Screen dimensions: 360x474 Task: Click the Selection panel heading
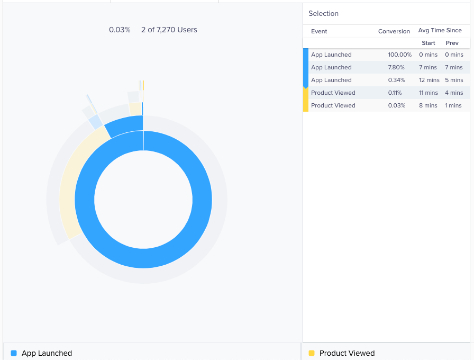[x=323, y=14]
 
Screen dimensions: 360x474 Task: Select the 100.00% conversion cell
[x=399, y=55]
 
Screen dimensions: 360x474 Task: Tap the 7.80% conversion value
[x=396, y=67]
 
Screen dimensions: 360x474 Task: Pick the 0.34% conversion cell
[x=396, y=80]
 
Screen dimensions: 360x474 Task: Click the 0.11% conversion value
[x=395, y=93]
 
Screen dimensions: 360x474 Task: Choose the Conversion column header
[x=394, y=31]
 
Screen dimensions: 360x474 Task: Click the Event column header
[x=319, y=31]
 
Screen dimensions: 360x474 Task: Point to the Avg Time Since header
[x=440, y=31]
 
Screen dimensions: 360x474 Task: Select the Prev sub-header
[x=452, y=43]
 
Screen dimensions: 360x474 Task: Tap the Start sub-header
[x=428, y=43]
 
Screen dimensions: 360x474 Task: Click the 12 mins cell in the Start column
[x=429, y=80]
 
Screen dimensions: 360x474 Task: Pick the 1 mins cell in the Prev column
[x=453, y=105]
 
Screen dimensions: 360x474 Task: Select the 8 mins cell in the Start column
[x=428, y=105]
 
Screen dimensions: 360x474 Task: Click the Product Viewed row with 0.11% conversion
[x=333, y=93]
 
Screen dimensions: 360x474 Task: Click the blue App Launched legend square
[x=14, y=353]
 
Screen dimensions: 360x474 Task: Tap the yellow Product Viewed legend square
[x=312, y=353]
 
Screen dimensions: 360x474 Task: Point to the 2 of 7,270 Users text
[x=169, y=30]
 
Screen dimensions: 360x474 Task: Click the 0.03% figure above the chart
[x=120, y=30]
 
